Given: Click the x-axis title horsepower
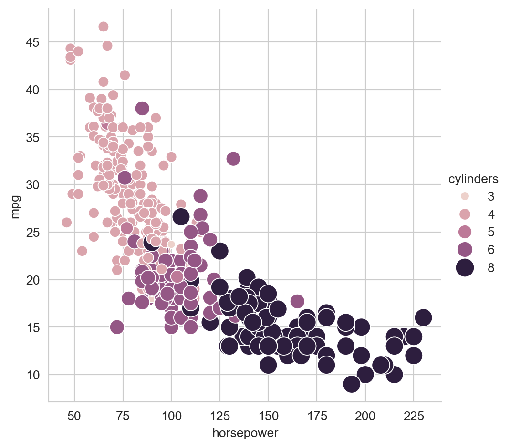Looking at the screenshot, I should tap(244, 433).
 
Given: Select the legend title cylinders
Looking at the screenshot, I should tap(473, 179).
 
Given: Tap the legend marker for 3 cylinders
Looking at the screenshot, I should tap(465, 196).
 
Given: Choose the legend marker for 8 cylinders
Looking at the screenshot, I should tap(465, 268).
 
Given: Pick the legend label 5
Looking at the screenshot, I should tap(491, 232).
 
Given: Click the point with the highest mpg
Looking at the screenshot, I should tap(104, 27).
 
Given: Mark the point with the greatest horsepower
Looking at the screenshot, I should tap(423, 317).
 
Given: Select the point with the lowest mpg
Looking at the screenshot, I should tap(352, 384).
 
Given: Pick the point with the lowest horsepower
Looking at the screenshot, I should tap(67, 223).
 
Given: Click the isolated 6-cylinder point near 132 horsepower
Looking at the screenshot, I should tap(233, 158).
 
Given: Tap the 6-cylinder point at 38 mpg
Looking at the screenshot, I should tap(142, 108).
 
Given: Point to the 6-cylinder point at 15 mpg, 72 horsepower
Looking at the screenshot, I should tap(117, 327).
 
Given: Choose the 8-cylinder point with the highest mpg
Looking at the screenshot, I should tap(181, 217).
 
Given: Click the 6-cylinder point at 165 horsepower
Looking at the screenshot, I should tap(297, 301).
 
